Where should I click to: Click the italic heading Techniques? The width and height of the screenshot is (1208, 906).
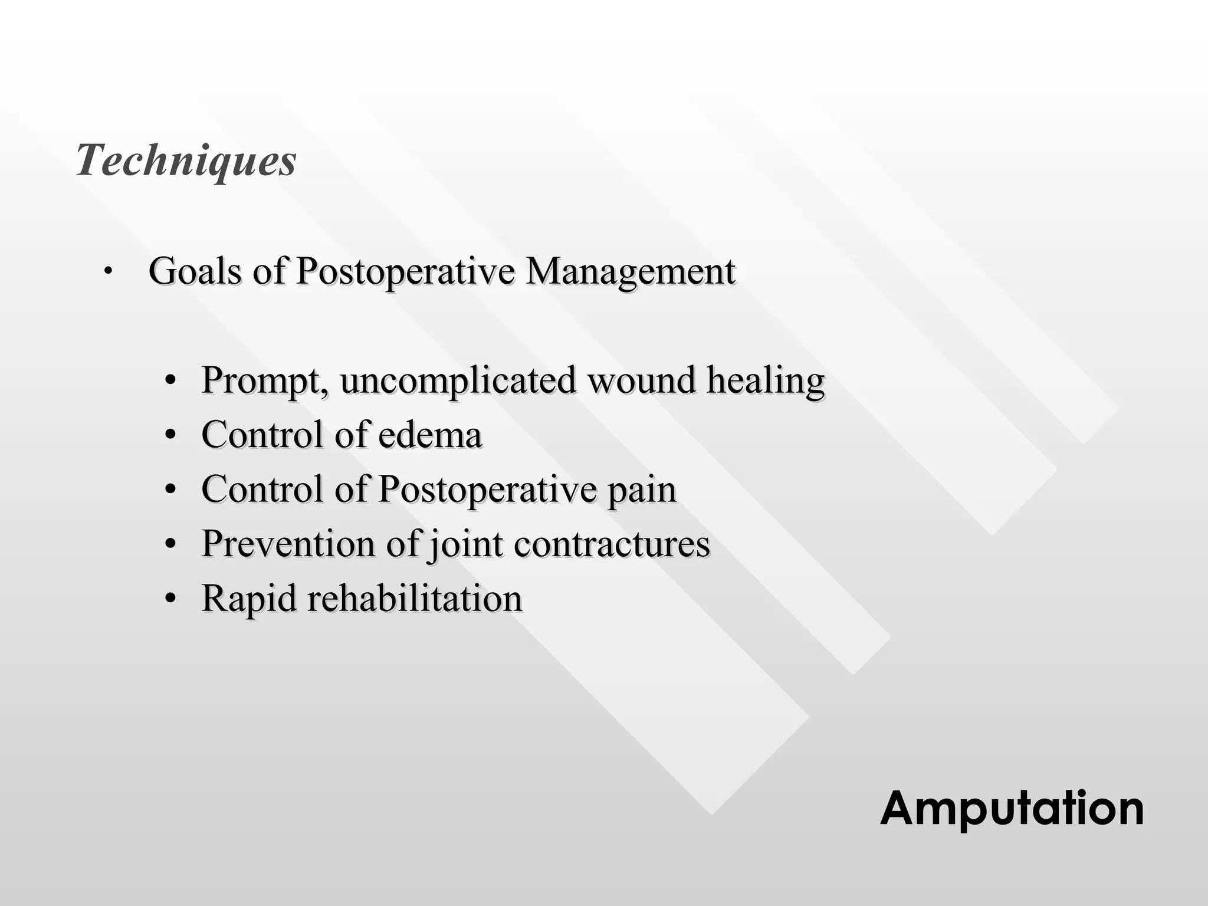[x=186, y=160]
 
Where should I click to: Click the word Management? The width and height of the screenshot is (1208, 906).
[x=630, y=271]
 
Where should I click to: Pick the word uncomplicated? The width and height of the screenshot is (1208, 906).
[x=458, y=380]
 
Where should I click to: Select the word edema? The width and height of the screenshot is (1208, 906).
[x=430, y=435]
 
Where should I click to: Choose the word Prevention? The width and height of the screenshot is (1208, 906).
[x=288, y=543]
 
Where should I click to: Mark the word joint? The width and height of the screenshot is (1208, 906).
[x=466, y=544]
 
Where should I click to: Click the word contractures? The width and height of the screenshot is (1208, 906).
[x=612, y=544]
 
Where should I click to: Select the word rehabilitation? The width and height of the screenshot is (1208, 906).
[x=415, y=598]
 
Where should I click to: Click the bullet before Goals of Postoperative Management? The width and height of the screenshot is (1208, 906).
[x=107, y=272]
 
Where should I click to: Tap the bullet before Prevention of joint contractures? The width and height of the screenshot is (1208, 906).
[x=170, y=544]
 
